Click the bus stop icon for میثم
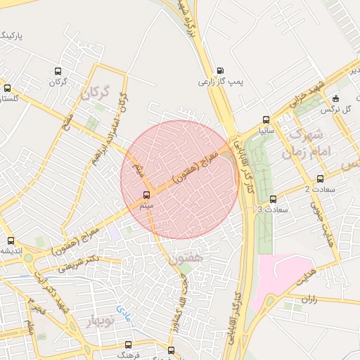(x=147, y=195)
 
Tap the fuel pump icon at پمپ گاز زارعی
(x=221, y=70)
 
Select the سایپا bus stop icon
(x=265, y=120)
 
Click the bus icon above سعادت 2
(x=321, y=179)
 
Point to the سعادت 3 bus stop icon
(x=273, y=200)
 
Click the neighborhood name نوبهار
(x=100, y=322)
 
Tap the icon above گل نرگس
(x=335, y=98)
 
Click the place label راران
(x=310, y=299)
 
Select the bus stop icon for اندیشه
(x=10, y=240)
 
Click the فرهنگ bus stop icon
(x=127, y=345)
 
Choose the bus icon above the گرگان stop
(x=58, y=71)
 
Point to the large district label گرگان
(x=96, y=93)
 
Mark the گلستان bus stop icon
(x=8, y=89)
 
